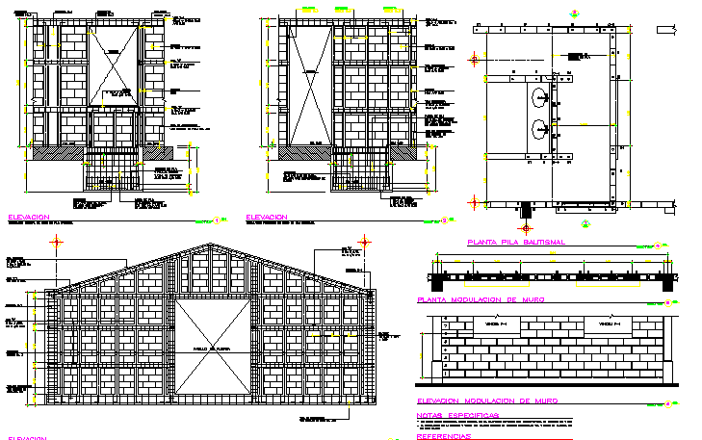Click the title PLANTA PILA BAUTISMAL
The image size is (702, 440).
515,243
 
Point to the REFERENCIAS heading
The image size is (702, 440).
444,435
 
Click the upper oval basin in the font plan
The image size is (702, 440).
538,96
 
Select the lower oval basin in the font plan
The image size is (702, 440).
538,129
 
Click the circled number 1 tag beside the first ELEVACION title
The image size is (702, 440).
220,220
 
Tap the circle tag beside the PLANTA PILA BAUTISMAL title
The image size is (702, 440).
656,245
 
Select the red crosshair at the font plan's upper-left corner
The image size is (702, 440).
474,58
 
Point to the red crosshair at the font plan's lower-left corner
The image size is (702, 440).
474,201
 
